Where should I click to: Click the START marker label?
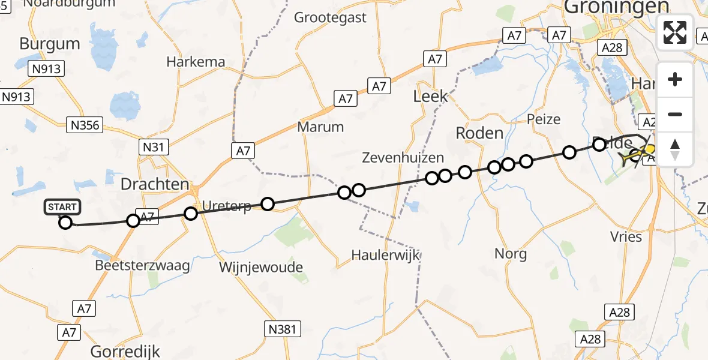click(x=61, y=208)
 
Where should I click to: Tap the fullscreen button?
click(x=675, y=32)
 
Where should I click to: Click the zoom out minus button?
click(x=675, y=115)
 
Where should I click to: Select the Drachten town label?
click(x=155, y=184)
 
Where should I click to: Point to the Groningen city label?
click(x=616, y=7)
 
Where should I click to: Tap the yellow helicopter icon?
click(x=637, y=155)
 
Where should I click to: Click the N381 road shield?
click(x=282, y=328)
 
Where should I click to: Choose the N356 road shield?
click(x=85, y=125)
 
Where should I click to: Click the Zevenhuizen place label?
click(x=403, y=158)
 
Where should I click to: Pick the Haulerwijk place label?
click(x=385, y=255)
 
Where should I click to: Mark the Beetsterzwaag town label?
click(x=142, y=265)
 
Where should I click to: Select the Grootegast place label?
click(x=330, y=18)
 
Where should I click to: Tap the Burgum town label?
click(x=50, y=44)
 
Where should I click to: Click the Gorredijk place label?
click(x=125, y=351)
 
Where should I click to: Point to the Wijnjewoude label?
click(x=261, y=267)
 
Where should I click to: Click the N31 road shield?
click(x=155, y=146)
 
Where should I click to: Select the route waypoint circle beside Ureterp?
click(x=268, y=205)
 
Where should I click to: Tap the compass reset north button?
click(x=675, y=149)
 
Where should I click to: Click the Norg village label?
click(x=511, y=254)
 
